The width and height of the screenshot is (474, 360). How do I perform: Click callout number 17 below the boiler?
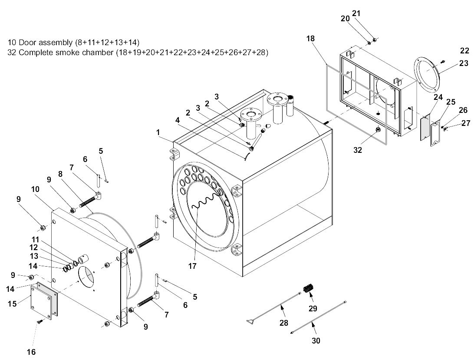coord(192,266)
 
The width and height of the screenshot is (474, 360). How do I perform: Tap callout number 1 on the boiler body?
coord(158,132)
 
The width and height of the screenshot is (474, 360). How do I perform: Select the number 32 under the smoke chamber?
coord(358,150)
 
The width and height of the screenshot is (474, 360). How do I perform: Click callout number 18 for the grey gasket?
coord(310,38)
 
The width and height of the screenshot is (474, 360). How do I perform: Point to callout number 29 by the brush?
coord(313,308)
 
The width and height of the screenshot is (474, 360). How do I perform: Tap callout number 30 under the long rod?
coord(316,340)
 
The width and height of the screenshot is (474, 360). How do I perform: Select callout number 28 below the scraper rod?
coord(283,323)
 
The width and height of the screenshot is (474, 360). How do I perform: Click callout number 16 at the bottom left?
coord(31,352)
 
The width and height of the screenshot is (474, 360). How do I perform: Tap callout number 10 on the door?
coord(35,189)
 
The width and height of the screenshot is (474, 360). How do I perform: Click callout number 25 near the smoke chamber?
coord(451,102)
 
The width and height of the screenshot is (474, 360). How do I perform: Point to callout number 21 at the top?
coord(356,13)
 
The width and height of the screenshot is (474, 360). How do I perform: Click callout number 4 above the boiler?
coord(178,120)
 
